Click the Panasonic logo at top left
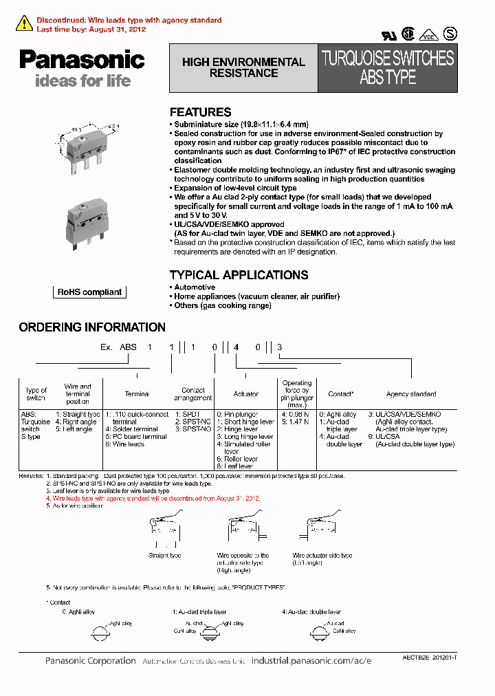click(81, 60)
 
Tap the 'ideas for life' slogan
click(82, 81)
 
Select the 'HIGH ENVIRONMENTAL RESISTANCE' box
click(243, 67)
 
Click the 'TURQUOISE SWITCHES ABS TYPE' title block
click(388, 67)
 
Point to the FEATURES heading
click(200, 112)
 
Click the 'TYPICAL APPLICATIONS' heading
click(239, 275)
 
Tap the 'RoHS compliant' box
click(89, 292)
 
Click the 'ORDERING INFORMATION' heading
click(92, 327)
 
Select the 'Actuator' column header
click(246, 394)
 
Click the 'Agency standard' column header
click(411, 394)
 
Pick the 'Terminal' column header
click(137, 394)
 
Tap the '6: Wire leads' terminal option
click(124, 444)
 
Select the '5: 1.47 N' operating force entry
click(295, 422)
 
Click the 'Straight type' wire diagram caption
click(164, 555)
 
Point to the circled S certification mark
click(450, 33)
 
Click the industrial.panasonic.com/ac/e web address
click(311, 660)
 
